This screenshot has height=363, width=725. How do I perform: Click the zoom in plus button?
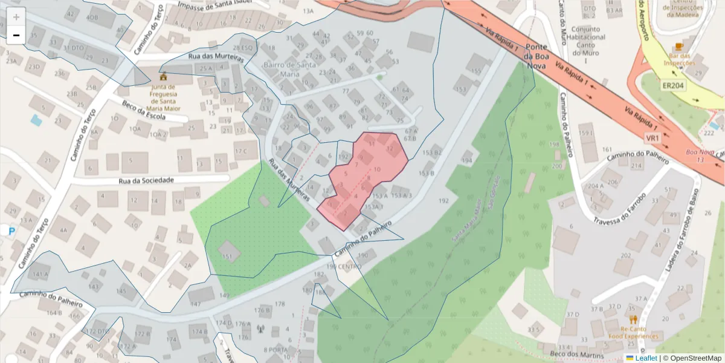(16, 17)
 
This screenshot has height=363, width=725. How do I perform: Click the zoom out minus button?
(16, 36)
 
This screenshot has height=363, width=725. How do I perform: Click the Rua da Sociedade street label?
(146, 180)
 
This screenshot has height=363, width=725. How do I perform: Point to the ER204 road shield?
(672, 86)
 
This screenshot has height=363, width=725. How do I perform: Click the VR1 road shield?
(652, 139)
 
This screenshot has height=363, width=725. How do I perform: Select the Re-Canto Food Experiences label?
(633, 332)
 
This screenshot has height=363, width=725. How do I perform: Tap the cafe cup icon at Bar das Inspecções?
(678, 47)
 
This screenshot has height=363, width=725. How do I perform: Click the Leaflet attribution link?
(646, 358)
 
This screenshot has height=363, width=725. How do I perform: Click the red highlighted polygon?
(362, 175)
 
